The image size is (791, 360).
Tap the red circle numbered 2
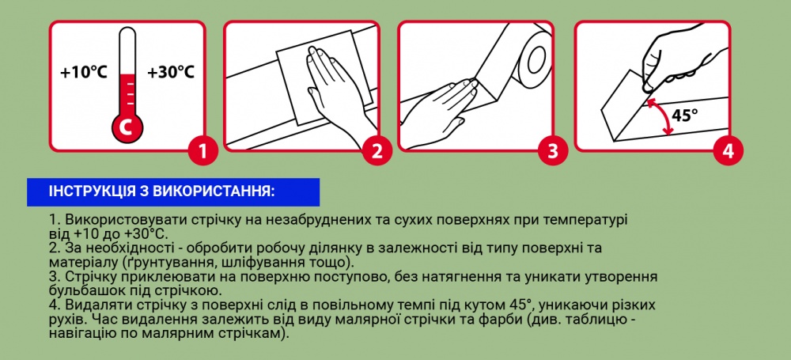coord(377,150)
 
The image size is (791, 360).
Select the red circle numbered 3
coord(553,150)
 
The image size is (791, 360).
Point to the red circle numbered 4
coord(728,150)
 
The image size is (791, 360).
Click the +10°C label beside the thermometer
coord(84,72)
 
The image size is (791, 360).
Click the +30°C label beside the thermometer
coord(171,72)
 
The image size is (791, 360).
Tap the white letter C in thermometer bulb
coord(127,127)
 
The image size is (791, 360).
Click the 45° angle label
coord(685,116)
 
